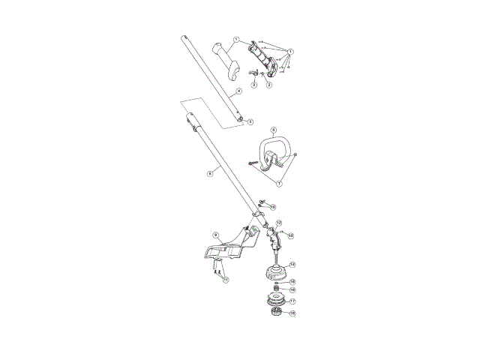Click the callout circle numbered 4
pos(238,91)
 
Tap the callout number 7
pos(280,182)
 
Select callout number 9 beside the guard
pos(215,235)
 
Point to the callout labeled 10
pos(272,206)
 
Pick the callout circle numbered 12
pos(278,223)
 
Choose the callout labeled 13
pos(291,235)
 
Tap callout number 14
pos(292,264)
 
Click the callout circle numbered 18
pos(292,313)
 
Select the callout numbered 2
pos(268,85)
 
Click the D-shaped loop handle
pos(273,150)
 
